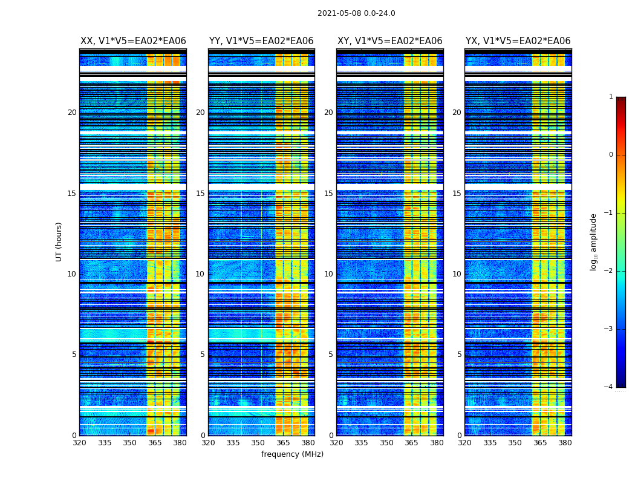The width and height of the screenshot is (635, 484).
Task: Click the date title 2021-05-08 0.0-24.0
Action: click(356, 13)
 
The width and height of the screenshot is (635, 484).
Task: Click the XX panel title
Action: click(133, 41)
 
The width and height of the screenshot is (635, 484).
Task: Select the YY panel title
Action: click(261, 41)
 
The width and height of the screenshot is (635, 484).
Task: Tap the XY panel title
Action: click(389, 41)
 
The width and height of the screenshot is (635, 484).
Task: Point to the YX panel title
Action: click(518, 41)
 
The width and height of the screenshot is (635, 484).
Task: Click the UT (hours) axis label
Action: click(59, 241)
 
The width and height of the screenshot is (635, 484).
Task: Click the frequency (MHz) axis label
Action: click(292, 454)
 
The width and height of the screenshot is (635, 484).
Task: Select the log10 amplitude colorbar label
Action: click(594, 241)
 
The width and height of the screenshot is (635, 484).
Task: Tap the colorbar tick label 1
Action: click(611, 97)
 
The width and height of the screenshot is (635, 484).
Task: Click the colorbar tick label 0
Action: click(611, 155)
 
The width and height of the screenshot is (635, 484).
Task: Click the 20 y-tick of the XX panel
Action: click(72, 113)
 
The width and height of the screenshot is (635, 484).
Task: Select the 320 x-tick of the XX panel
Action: click(79, 443)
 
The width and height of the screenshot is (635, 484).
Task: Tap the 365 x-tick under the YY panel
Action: click(283, 443)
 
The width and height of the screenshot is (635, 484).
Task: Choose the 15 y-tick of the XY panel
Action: click(328, 194)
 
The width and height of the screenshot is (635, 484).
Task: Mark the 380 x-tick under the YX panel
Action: click(565, 443)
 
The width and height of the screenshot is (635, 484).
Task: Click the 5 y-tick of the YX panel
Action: click(459, 355)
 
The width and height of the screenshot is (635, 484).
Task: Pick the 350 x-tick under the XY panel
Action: click(386, 443)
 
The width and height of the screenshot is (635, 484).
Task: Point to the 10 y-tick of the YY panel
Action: click(200, 274)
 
